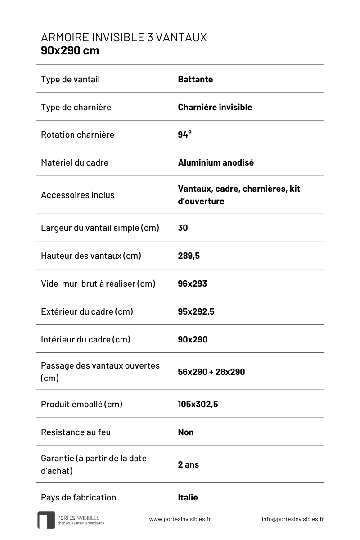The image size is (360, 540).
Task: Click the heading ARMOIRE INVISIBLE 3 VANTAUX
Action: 124,37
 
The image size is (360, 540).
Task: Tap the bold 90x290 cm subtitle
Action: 70,50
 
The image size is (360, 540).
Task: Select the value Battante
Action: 195,80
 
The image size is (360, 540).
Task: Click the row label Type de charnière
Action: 76,107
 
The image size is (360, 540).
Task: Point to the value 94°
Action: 184,135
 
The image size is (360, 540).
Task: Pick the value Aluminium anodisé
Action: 216,162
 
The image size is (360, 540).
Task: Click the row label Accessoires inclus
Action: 77,195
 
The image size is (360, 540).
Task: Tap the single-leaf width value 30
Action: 183,228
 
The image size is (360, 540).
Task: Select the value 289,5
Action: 189,256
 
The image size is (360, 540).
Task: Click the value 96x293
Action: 192,283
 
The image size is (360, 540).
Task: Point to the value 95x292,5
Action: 196,311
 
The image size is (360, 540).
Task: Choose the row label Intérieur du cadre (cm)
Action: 85,339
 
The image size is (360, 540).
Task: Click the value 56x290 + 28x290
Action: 211,372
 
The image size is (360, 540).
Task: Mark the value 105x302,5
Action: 198,404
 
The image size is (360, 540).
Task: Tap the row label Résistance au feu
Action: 76,432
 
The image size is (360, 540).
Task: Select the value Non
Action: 185,432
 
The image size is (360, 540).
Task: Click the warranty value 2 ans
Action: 188,464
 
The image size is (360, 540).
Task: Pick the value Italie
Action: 188,497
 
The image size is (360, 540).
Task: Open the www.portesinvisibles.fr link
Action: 180,519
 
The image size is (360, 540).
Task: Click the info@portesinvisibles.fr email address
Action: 292,519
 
